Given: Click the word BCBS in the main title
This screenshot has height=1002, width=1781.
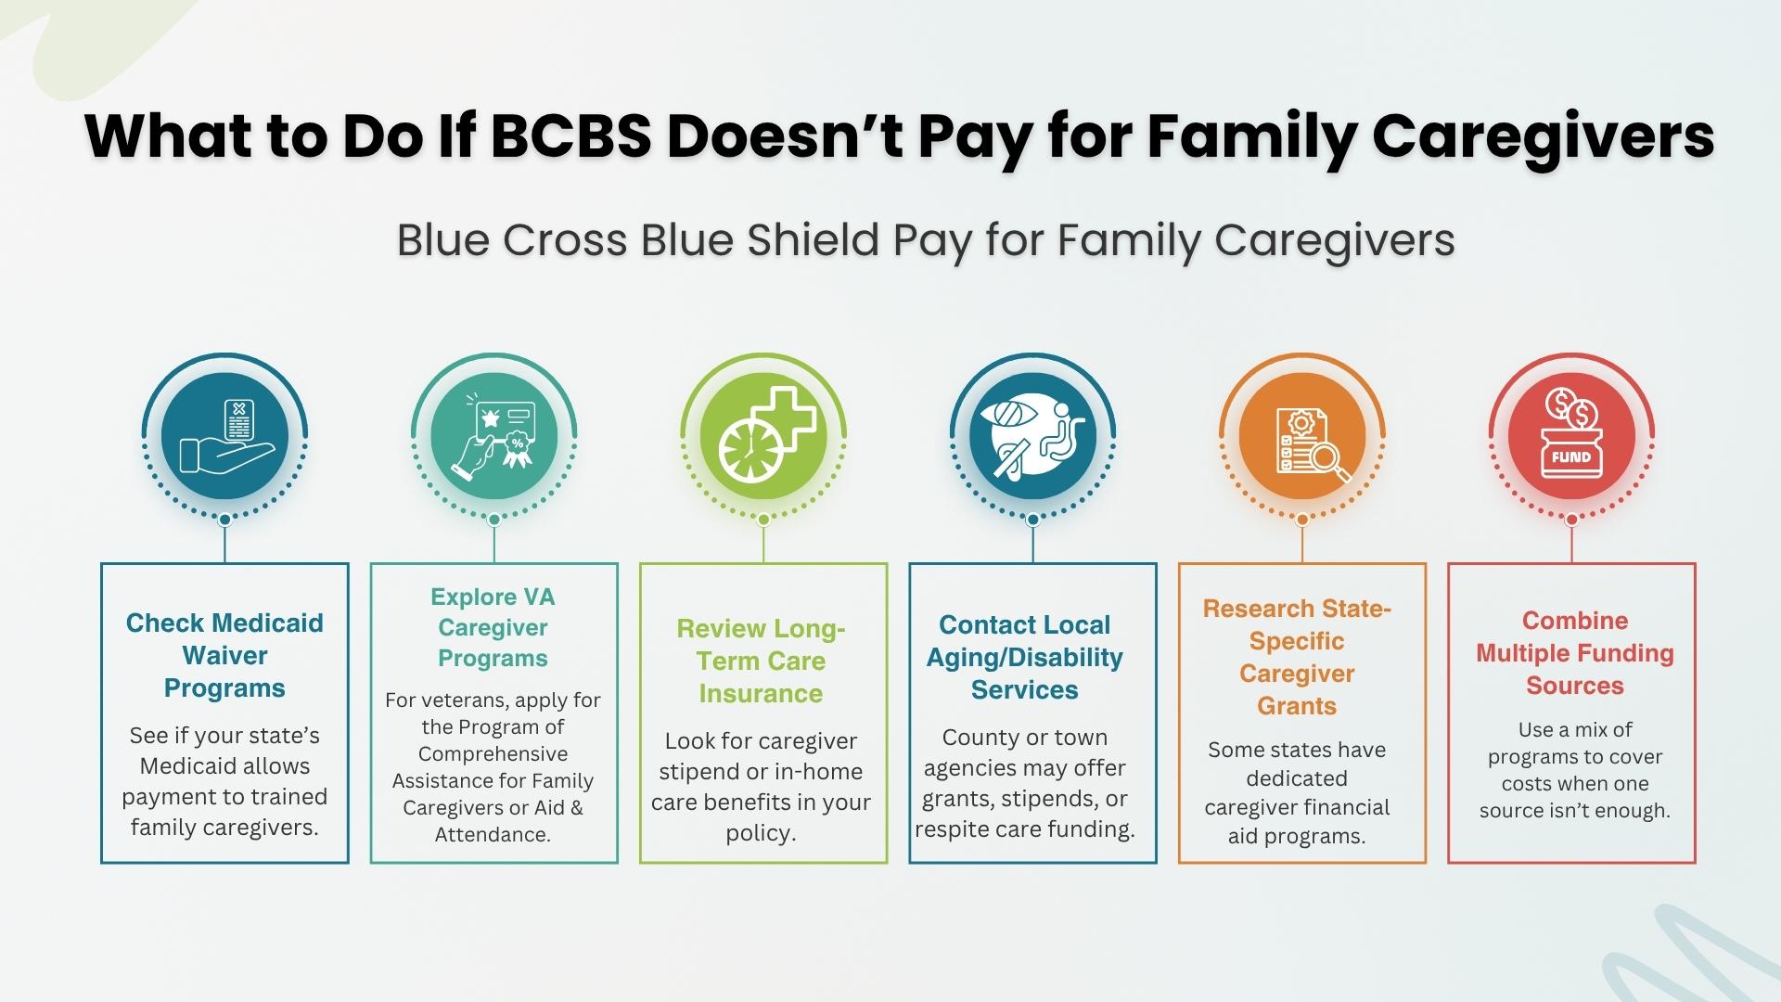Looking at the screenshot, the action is (x=570, y=136).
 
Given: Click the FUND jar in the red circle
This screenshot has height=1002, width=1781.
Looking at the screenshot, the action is (x=1571, y=456).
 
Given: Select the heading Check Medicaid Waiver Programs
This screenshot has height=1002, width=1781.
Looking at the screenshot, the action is (x=224, y=655).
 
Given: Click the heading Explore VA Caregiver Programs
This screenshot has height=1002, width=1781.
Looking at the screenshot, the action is (x=493, y=627).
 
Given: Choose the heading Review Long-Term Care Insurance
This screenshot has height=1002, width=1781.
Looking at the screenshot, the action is (x=762, y=661).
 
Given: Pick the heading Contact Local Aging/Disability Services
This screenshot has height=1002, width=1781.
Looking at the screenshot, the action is (x=1025, y=657).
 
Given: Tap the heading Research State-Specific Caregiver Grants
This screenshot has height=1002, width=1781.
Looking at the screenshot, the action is (x=1297, y=657).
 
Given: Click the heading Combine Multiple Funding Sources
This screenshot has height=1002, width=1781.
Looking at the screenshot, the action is (x=1575, y=653).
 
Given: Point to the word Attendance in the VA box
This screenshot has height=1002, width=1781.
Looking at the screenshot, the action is (x=493, y=834).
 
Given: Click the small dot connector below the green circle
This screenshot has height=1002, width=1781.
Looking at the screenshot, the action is (x=763, y=520).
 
